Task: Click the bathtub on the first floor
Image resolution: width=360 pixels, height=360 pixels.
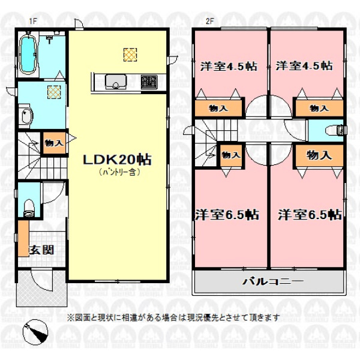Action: point(28,55)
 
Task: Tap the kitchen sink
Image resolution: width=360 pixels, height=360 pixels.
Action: point(116,82)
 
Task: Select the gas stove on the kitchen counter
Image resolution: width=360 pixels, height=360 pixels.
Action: point(149,82)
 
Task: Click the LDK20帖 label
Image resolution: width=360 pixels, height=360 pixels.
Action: point(117,160)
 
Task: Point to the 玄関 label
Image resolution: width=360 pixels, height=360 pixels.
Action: point(41,250)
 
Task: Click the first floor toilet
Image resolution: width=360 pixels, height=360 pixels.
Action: point(29,208)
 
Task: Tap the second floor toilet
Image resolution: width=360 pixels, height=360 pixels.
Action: point(335,130)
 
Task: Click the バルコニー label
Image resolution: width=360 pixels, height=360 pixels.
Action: point(273,281)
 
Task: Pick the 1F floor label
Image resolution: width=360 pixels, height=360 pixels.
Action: point(33,21)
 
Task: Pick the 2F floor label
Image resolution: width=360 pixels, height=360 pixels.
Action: point(209,21)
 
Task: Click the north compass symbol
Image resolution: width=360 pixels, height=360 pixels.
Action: point(35,332)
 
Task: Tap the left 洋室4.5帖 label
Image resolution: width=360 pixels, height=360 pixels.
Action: point(229,66)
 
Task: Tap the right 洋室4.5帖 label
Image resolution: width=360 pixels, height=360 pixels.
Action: point(304,66)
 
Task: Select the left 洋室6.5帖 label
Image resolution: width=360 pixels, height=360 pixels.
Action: point(227,215)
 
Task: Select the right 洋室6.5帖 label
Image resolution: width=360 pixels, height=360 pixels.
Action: point(310,215)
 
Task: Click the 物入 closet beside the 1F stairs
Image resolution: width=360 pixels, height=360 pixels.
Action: point(55,143)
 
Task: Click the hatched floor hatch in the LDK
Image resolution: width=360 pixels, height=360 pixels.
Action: point(130,55)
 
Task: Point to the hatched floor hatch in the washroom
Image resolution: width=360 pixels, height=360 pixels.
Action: point(54,92)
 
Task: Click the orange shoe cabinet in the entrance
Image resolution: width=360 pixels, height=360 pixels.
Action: point(23,239)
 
